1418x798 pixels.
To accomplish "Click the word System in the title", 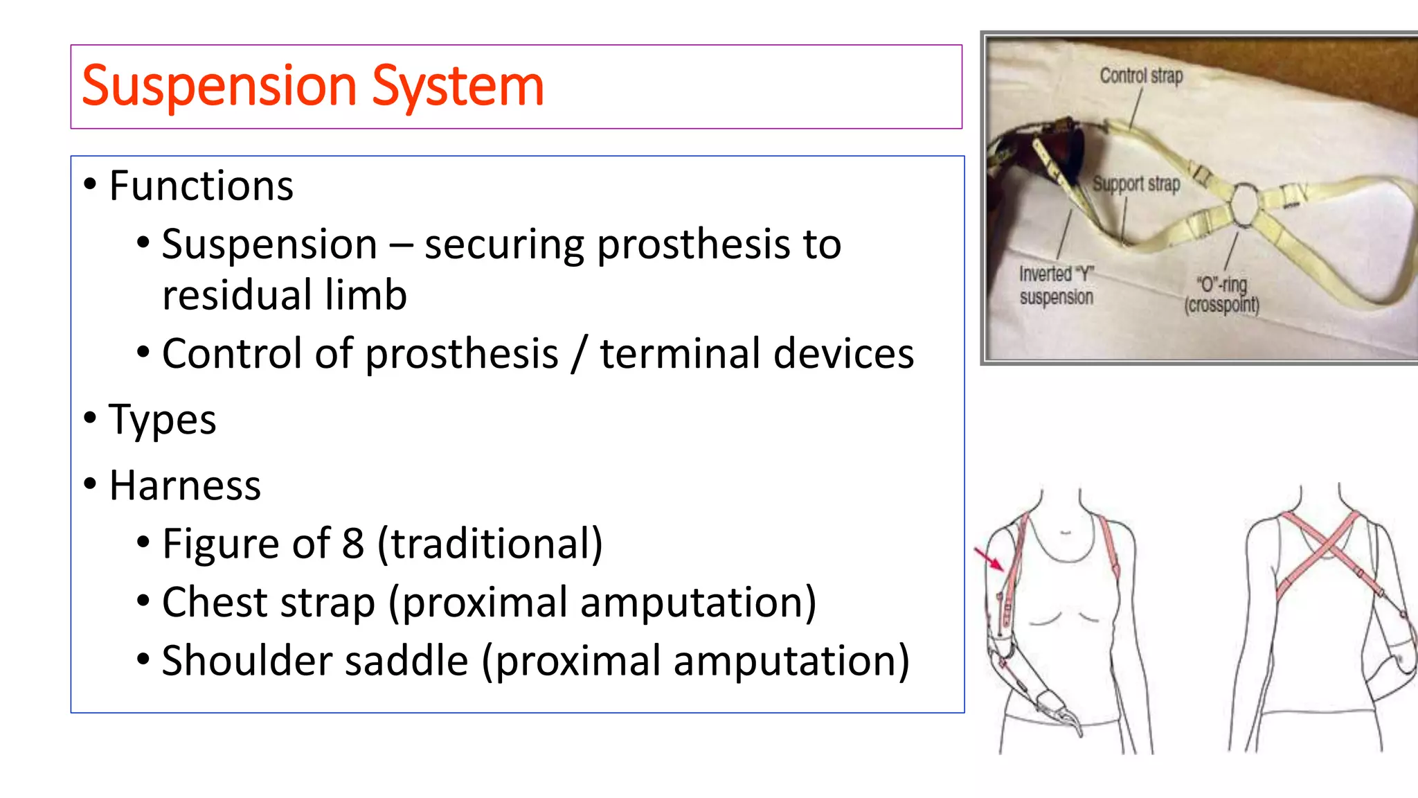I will (x=458, y=87).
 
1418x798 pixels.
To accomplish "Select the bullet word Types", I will (x=163, y=420).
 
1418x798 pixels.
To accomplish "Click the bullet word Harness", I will (x=185, y=485).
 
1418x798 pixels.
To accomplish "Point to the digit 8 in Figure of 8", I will (x=353, y=544).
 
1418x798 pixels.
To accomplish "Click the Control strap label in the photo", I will (x=1141, y=76).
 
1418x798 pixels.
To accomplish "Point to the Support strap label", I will (x=1136, y=184).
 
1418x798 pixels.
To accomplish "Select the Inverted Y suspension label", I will (x=1057, y=285).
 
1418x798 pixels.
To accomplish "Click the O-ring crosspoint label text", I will (x=1222, y=294).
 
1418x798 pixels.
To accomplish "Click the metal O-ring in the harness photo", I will (x=1244, y=204).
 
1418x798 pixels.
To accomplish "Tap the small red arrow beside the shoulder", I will (x=989, y=558).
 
